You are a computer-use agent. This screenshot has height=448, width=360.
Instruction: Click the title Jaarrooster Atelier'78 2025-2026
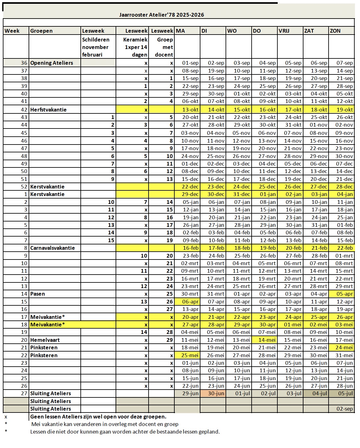161,15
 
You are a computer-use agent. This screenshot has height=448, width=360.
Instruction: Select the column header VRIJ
284,31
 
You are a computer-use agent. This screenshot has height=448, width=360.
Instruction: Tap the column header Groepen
41,31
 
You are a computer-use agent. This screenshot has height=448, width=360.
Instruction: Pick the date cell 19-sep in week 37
216,71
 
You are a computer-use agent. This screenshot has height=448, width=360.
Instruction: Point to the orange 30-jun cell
216,393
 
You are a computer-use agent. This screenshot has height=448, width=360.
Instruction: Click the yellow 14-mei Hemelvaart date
267,340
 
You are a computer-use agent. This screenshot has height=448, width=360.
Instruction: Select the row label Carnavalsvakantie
52,248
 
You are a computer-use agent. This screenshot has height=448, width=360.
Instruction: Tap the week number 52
24,187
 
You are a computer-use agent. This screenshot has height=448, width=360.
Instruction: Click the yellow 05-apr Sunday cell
345,294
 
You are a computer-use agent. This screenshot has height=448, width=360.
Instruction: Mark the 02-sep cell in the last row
345,409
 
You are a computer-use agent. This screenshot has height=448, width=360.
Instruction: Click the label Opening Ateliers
52,63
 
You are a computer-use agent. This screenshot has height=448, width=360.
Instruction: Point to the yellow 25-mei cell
190,355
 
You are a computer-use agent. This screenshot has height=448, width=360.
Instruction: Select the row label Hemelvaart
45,340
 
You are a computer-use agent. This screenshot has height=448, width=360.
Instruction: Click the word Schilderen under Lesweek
96,40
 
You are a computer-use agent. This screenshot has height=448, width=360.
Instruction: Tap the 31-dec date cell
242,194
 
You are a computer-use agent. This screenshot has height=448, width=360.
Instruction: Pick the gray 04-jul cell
319,393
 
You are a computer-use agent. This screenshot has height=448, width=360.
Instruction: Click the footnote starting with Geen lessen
98,417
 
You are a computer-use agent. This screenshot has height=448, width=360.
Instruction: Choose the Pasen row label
38,294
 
